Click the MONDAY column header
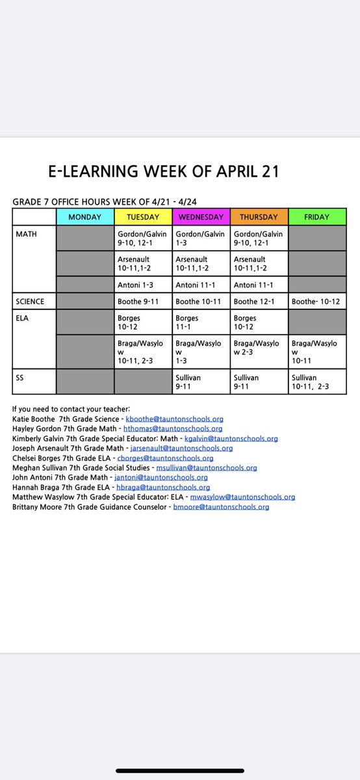coord(84,217)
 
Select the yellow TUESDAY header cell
coord(142,217)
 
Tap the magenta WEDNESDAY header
coord(200,217)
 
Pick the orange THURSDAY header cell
coord(259,217)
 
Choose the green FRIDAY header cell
coord(317,217)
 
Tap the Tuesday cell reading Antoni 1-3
coord(142,285)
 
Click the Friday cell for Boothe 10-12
coord(317,302)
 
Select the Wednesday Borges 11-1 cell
coord(200,322)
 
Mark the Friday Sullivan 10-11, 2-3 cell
coord(317,381)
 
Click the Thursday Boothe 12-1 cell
coord(259,302)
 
